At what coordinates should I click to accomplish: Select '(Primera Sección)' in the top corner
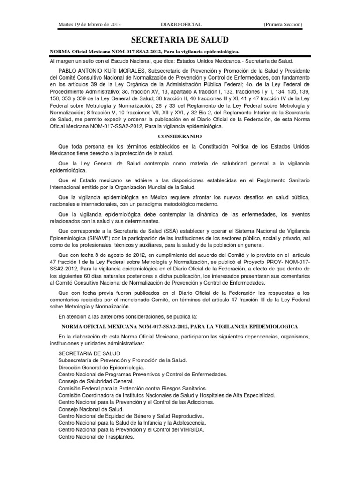point(283,24)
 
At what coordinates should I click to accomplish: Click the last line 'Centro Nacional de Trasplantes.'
point(96,437)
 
